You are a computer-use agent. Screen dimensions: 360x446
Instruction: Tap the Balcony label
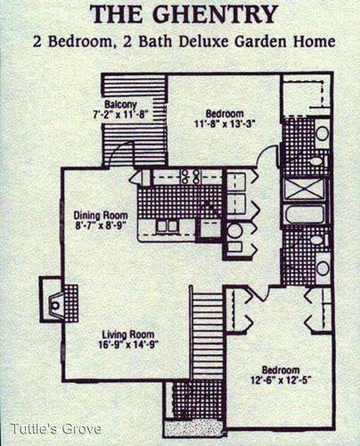[x=120, y=104]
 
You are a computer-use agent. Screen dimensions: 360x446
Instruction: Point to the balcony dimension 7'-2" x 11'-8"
[x=120, y=114]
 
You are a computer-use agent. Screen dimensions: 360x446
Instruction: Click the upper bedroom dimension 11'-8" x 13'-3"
[x=225, y=123]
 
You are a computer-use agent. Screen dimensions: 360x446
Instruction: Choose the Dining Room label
[x=101, y=215]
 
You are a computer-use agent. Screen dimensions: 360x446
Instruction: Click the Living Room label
[x=128, y=334]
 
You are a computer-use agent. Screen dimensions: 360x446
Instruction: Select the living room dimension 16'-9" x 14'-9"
[x=127, y=344]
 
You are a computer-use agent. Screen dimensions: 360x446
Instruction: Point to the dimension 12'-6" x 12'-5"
[x=281, y=380]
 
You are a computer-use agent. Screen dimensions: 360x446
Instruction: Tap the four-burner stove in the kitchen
[x=191, y=177]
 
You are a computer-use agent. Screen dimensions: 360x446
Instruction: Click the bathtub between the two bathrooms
[x=304, y=213]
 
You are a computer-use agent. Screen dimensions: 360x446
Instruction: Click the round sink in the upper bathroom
[x=322, y=133]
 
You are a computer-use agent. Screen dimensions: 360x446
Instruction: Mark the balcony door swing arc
[x=119, y=150]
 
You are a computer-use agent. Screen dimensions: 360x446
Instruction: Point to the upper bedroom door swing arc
[x=266, y=153]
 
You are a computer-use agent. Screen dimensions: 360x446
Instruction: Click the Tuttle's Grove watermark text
[x=56, y=429]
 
